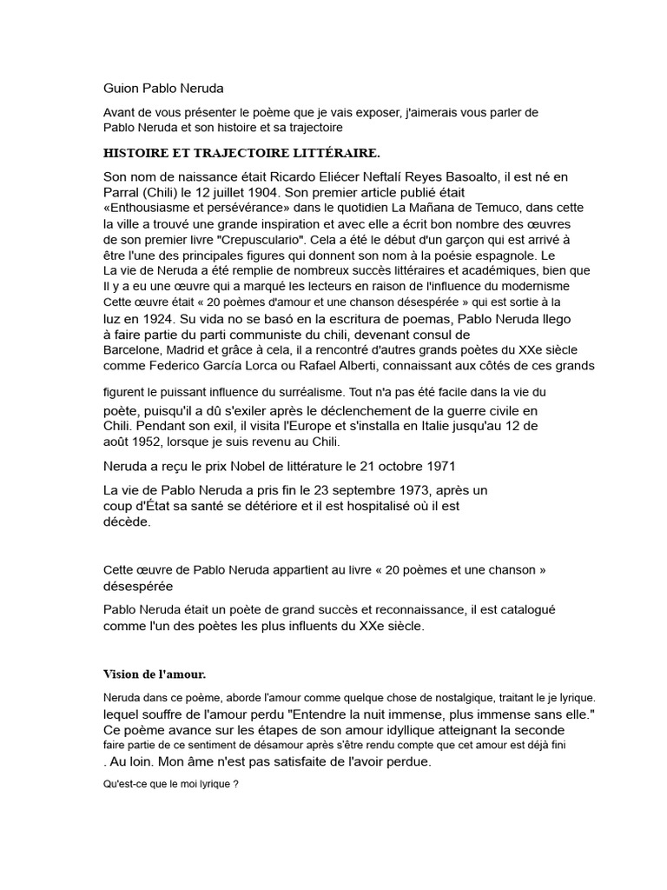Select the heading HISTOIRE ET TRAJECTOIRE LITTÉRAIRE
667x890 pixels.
pyautogui.click(x=241, y=153)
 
